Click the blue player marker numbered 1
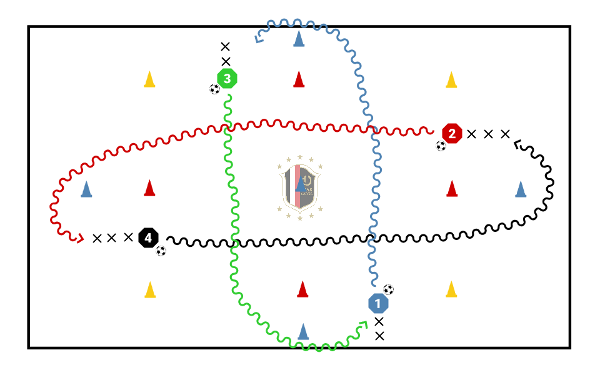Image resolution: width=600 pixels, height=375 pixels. (x=378, y=303)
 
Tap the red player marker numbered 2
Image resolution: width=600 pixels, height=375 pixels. (x=451, y=133)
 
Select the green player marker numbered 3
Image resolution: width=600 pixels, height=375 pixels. (x=227, y=79)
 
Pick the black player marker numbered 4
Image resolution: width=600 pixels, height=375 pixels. (x=148, y=237)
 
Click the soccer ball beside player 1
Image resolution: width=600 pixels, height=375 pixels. (x=389, y=289)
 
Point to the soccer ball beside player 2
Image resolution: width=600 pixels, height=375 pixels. (x=441, y=146)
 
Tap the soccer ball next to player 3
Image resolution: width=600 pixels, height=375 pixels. (x=215, y=89)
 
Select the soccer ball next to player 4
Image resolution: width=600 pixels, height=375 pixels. (x=161, y=251)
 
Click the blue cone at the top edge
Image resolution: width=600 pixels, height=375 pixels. (x=299, y=39)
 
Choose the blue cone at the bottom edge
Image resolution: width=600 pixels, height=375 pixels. (x=303, y=331)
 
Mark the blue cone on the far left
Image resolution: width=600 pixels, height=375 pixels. (x=86, y=189)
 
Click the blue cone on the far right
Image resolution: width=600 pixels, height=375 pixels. (x=521, y=189)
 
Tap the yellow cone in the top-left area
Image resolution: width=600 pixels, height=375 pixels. (x=149, y=79)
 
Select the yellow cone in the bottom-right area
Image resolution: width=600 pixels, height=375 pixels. (x=451, y=289)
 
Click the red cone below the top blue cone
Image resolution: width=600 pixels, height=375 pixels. (x=299, y=79)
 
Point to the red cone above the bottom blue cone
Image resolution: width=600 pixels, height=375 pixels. (x=303, y=289)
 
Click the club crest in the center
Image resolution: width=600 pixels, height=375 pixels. (x=300, y=187)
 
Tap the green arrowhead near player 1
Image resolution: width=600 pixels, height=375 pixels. (x=362, y=324)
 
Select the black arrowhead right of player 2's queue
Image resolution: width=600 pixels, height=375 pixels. (x=516, y=145)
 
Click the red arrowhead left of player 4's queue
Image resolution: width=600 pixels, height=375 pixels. (x=79, y=237)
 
